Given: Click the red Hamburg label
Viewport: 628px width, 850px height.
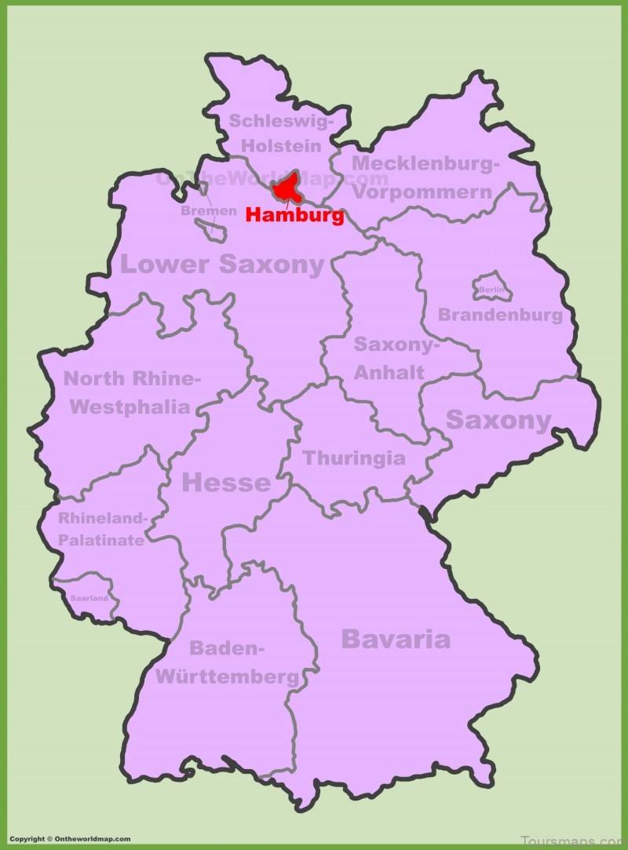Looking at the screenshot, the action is (294, 215).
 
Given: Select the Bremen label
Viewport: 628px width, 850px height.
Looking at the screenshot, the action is (208, 211).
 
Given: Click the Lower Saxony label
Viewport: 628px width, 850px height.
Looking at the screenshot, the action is (221, 264).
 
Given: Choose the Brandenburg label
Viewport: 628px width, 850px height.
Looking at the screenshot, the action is (500, 315).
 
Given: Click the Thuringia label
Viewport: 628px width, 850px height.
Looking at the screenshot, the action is (354, 458).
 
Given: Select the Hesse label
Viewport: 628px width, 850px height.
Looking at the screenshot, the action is (226, 483).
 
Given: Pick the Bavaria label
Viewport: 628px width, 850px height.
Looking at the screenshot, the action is (396, 639).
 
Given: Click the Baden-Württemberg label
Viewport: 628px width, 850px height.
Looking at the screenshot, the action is (228, 662).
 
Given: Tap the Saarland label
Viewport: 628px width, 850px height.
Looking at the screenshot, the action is (88, 597).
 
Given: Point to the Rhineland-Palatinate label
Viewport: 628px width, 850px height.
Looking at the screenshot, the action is (102, 529).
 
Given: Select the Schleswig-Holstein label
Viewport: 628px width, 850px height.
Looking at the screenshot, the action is (281, 133).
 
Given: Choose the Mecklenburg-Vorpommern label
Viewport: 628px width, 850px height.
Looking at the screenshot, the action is (424, 177).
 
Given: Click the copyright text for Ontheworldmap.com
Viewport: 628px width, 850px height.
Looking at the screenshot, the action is (71, 839).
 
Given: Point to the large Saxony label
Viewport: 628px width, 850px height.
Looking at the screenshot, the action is (498, 420).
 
